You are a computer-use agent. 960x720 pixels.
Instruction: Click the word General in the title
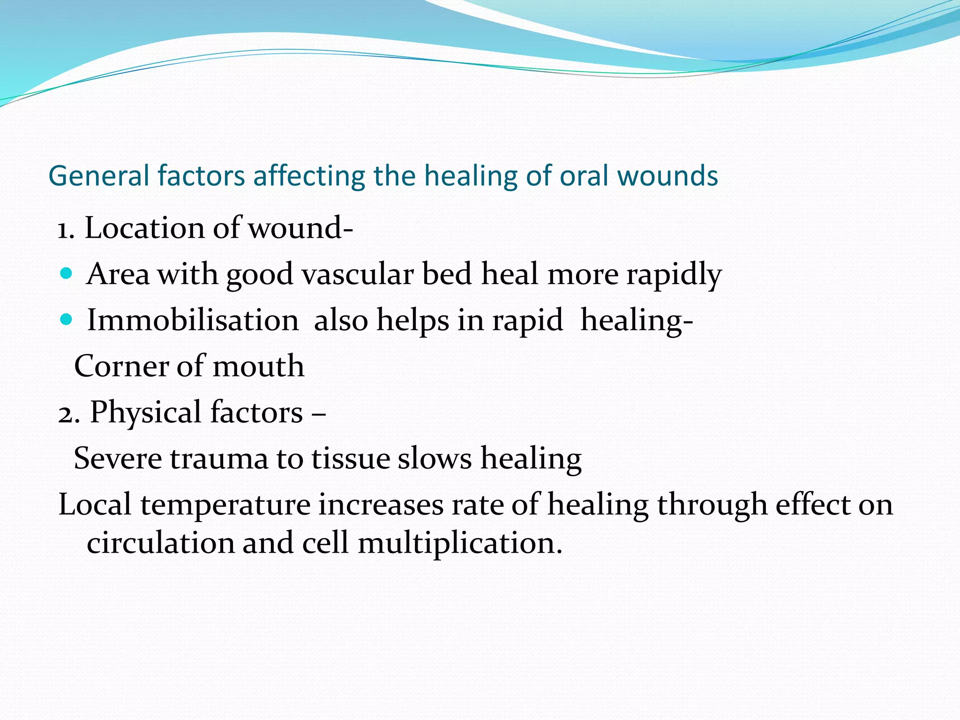click(98, 176)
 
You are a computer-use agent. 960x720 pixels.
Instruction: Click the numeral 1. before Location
click(66, 229)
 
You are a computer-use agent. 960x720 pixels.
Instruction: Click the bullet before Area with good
click(67, 273)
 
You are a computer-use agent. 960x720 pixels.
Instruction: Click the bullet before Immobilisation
click(67, 320)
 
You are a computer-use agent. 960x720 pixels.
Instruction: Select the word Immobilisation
click(193, 321)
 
